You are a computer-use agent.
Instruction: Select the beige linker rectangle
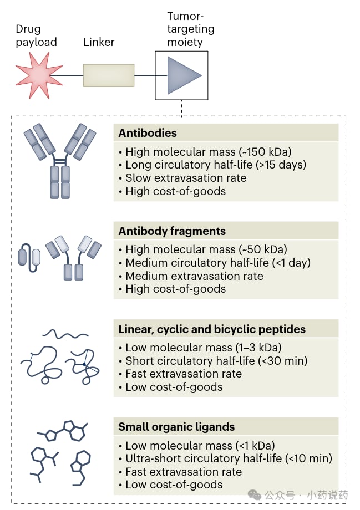tap(108, 75)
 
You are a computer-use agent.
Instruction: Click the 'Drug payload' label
tap(36, 35)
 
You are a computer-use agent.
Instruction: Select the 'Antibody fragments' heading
tap(172, 231)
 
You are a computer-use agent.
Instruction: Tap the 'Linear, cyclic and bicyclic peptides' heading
tap(212, 329)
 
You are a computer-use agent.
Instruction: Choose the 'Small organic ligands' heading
tap(176, 427)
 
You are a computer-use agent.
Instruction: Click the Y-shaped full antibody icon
tap(59, 161)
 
